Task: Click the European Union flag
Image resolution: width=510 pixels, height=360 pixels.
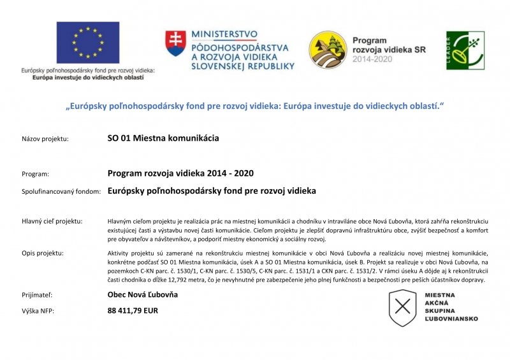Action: click(x=87, y=43)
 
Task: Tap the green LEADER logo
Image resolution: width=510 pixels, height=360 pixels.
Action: click(x=465, y=50)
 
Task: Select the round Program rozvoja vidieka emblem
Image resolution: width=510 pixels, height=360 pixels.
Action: click(x=328, y=50)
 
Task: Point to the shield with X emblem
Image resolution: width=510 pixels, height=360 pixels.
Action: click(x=402, y=307)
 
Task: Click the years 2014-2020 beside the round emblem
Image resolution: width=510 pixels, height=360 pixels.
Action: click(x=374, y=59)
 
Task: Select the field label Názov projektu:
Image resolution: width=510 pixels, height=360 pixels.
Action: click(x=45, y=138)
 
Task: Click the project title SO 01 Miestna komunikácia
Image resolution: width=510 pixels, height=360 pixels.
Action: click(x=163, y=138)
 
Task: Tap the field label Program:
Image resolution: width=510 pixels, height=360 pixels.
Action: click(x=36, y=173)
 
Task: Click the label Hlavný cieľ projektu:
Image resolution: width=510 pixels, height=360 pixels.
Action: click(x=52, y=221)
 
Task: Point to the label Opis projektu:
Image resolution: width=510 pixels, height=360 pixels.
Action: click(x=43, y=253)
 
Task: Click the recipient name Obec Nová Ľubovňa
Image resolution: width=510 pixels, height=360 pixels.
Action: click(x=143, y=294)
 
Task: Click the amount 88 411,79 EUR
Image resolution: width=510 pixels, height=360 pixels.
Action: click(x=133, y=311)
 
